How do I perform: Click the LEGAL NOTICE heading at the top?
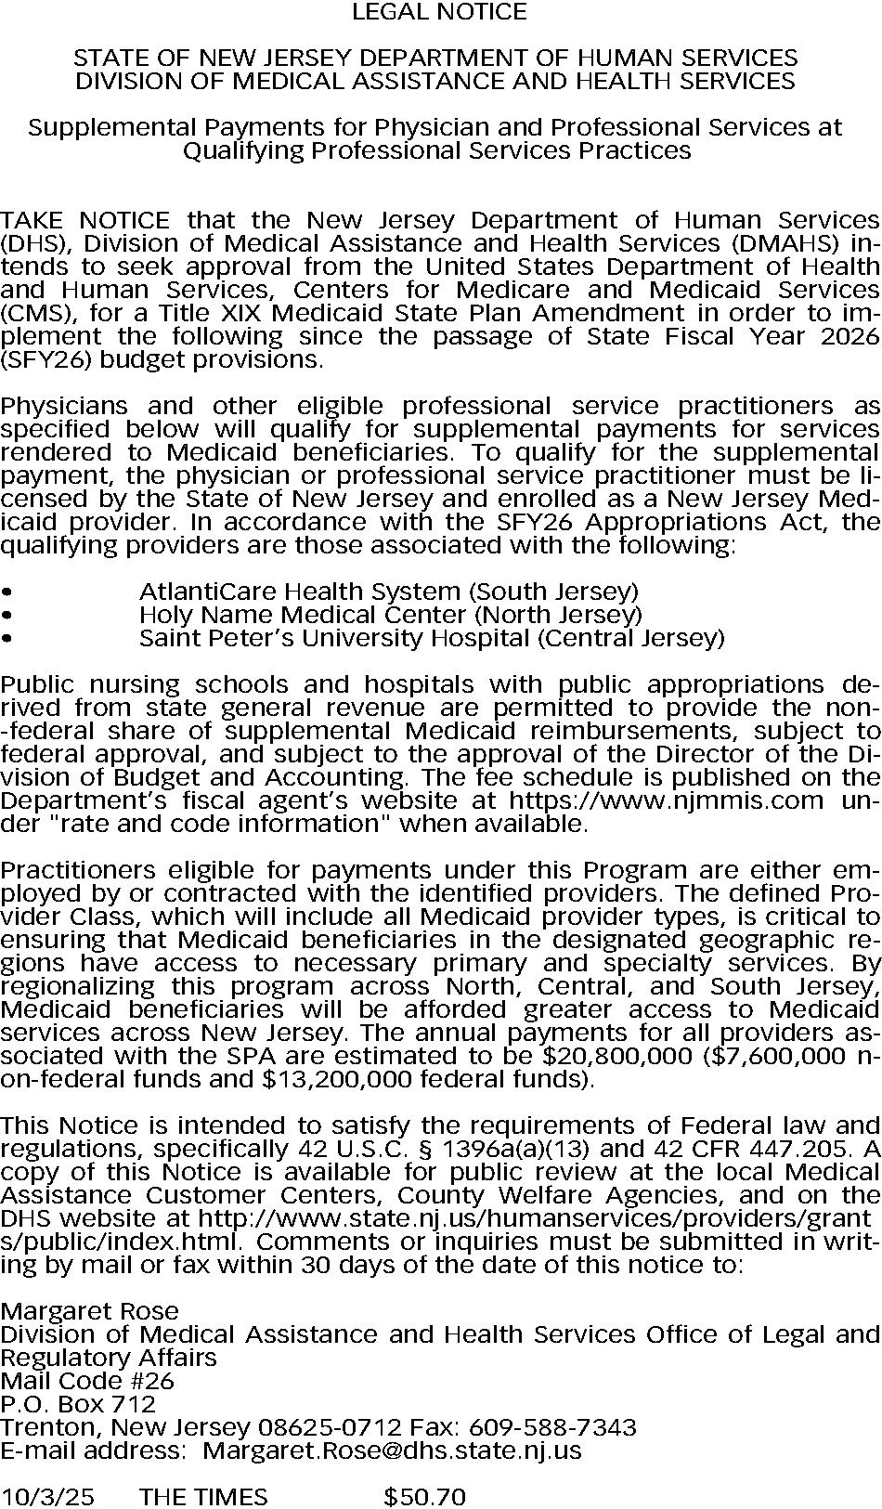(x=440, y=12)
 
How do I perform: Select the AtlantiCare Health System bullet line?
(x=388, y=592)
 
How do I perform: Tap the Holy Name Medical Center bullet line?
(x=390, y=615)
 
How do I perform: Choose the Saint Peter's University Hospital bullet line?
(x=431, y=638)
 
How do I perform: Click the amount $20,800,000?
(x=617, y=1056)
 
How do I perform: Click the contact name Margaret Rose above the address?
(x=89, y=1311)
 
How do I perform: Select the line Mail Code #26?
(x=87, y=1381)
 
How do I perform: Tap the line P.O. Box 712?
(x=78, y=1404)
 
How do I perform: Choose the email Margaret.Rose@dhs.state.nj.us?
(x=392, y=1450)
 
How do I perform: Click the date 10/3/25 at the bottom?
(x=47, y=1497)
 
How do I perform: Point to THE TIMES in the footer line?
(x=202, y=1497)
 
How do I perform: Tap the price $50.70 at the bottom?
(x=424, y=1497)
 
